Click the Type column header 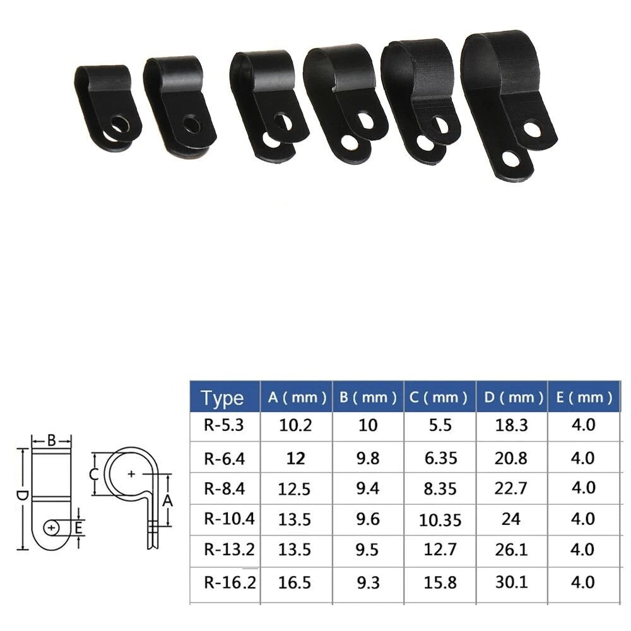[x=223, y=398]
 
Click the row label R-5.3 [x=223, y=425]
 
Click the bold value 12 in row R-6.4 [x=295, y=457]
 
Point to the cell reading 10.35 [x=440, y=519]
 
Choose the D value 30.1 [x=511, y=582]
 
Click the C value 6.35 [x=440, y=457]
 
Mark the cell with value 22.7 [x=511, y=488]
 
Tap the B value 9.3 [x=368, y=582]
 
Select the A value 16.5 [x=295, y=582]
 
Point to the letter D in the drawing [x=21, y=497]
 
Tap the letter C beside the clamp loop [x=93, y=475]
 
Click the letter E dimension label [x=78, y=527]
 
